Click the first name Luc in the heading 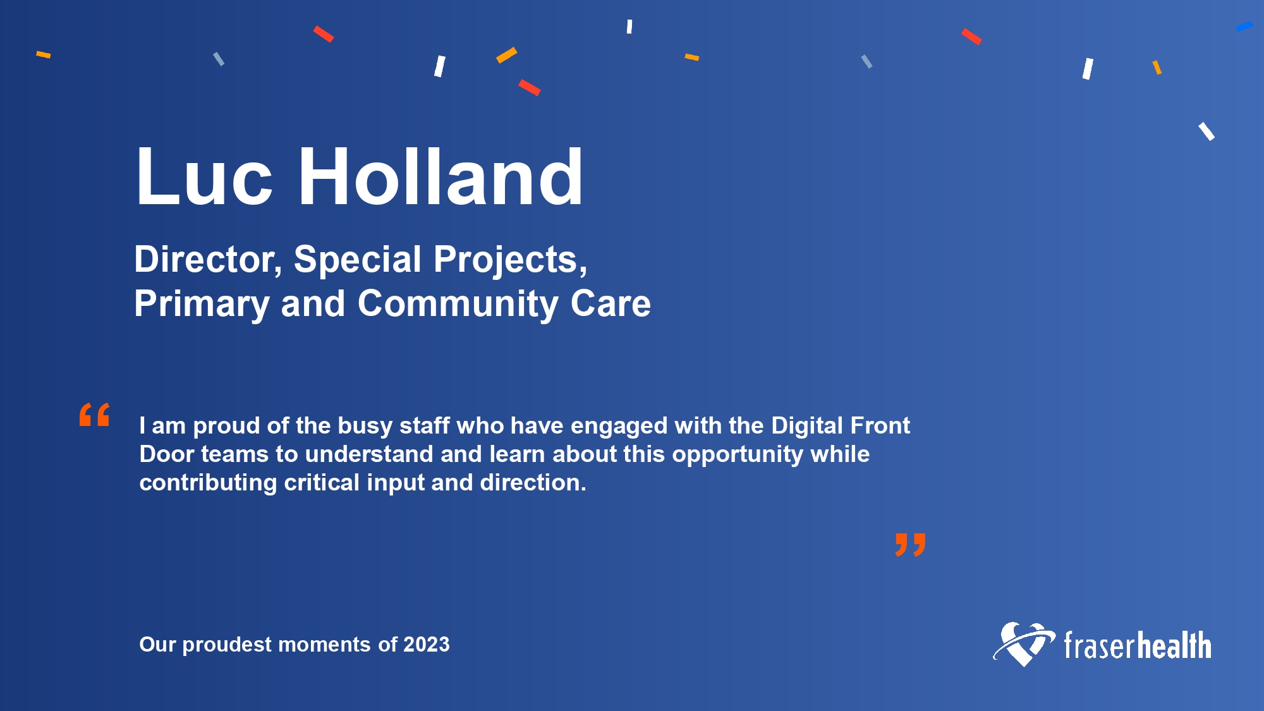pyautogui.click(x=204, y=176)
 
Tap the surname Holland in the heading pyautogui.click(x=441, y=176)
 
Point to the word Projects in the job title pyautogui.click(x=510, y=260)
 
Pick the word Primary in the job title pyautogui.click(x=202, y=305)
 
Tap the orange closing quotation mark pyautogui.click(x=910, y=545)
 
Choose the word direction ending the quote pyautogui.click(x=533, y=483)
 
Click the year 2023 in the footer pyautogui.click(x=427, y=645)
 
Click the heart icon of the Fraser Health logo pyautogui.click(x=1024, y=644)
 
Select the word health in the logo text pyautogui.click(x=1174, y=645)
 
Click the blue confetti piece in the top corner pyautogui.click(x=1244, y=27)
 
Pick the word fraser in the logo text pyautogui.click(x=1100, y=645)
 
